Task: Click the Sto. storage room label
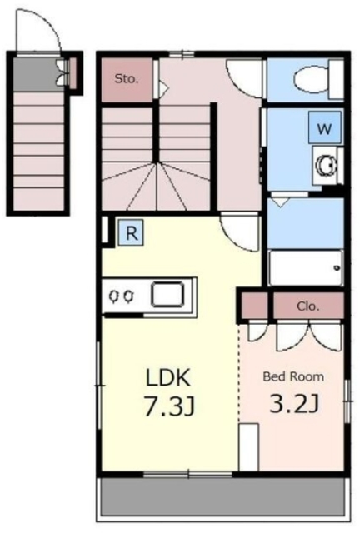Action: (127, 79)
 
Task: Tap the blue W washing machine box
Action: (325, 127)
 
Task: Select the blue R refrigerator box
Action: (131, 233)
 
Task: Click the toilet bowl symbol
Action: (310, 80)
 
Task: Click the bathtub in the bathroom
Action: (305, 268)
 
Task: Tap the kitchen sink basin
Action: (167, 294)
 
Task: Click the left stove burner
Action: (113, 296)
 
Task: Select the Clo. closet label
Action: (308, 306)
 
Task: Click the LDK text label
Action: (167, 377)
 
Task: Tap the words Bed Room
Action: (293, 376)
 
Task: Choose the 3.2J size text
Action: (294, 403)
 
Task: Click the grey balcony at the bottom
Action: (223, 496)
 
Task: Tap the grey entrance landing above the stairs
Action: (35, 74)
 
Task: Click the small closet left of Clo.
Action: (254, 306)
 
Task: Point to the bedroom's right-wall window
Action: (347, 401)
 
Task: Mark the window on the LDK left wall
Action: (99, 386)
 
